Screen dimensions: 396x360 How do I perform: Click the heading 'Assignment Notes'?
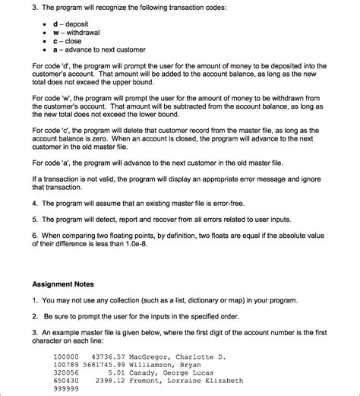pos(63,284)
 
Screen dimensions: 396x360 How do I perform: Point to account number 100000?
pos(65,357)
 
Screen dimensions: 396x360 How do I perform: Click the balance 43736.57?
pos(108,357)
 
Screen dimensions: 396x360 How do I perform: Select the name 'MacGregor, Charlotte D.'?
pos(178,357)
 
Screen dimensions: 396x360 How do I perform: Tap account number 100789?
pos(65,365)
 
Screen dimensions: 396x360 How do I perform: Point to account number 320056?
pos(65,372)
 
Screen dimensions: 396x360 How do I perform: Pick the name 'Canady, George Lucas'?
pos(172,372)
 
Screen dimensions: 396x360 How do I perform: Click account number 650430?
pos(65,380)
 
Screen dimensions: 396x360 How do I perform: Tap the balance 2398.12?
pos(110,380)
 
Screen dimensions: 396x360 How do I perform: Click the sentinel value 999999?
pos(65,388)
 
